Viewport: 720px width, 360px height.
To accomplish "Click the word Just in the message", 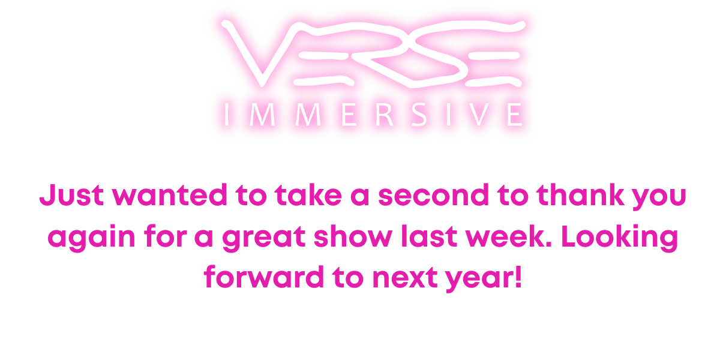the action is tap(71, 195).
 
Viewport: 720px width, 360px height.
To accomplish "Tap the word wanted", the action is tap(169, 195).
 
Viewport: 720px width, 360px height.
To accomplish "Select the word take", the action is tap(308, 195).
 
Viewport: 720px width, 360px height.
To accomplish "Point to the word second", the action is tap(433, 195).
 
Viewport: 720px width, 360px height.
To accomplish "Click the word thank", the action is tap(580, 195).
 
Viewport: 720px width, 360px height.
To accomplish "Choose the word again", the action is tap(91, 238).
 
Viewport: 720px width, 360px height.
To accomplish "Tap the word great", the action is tap(263, 238).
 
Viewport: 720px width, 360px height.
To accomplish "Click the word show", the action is tap(353, 236).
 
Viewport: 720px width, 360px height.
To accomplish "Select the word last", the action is tap(429, 236).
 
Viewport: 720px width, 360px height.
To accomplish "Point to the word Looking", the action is tap(620, 238).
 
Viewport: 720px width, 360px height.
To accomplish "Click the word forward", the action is tap(263, 277).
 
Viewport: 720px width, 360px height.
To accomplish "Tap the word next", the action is tap(404, 277).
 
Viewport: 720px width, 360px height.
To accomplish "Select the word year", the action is tap(478, 280).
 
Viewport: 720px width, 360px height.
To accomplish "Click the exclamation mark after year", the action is tap(518, 277).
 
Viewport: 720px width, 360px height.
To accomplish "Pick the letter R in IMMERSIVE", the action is tap(385, 115).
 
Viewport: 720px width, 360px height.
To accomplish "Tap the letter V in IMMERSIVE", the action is tap(479, 115).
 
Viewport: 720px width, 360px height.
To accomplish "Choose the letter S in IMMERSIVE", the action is tap(419, 115).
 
